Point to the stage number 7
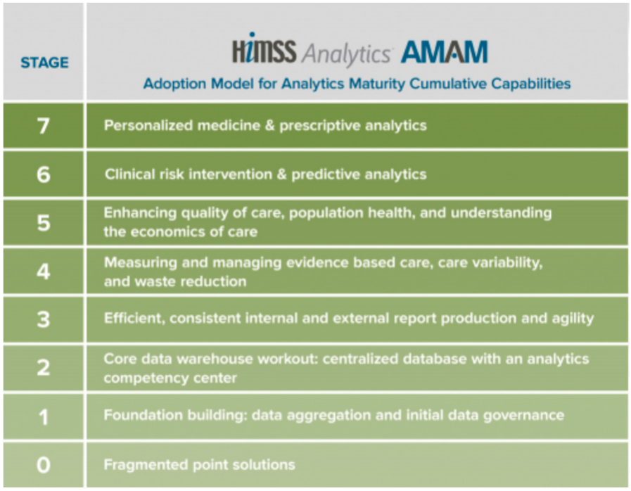43,127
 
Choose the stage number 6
43,174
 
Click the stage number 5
43,222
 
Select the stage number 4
43,271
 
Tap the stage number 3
43,319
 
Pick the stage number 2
43,368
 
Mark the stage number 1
43,416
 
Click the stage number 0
43,465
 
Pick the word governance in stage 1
525,415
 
